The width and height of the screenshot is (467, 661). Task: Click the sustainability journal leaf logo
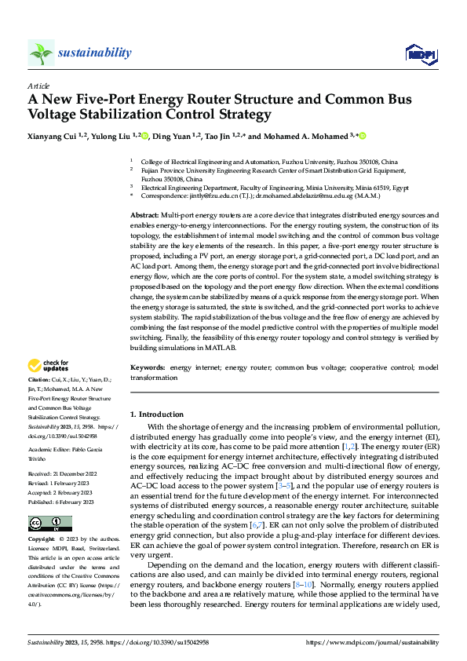coord(41,53)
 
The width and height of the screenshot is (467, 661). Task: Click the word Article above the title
coord(38,86)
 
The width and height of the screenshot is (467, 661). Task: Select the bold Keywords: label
coord(148,367)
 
